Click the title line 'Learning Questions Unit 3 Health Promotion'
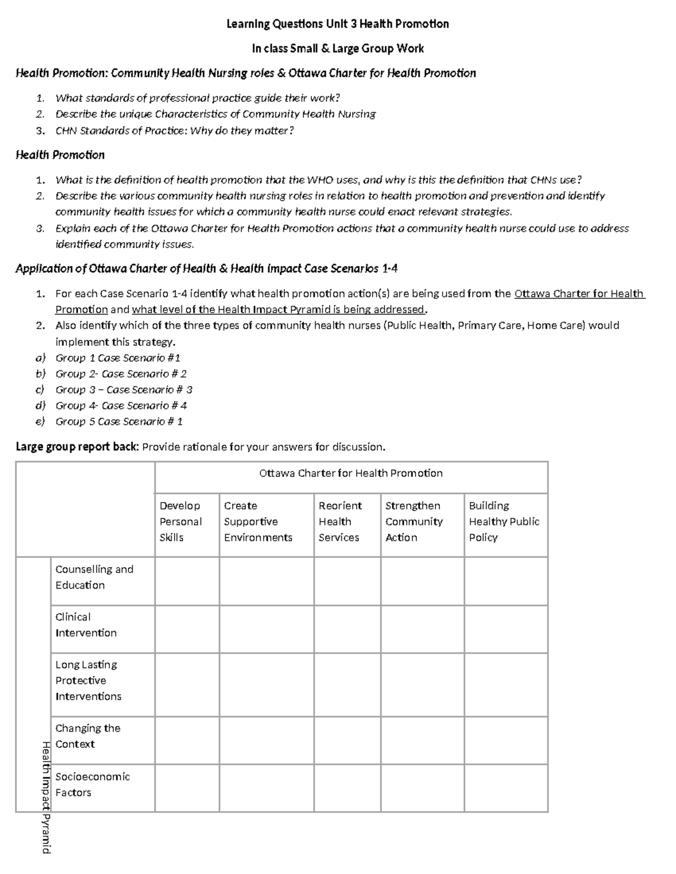click(337, 24)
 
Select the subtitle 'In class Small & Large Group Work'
click(337, 48)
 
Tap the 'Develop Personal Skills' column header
click(180, 522)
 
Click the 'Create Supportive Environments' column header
click(258, 522)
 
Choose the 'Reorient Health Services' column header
click(340, 522)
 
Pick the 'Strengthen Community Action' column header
click(414, 522)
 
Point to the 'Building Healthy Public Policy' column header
click(504, 522)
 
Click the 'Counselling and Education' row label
click(94, 577)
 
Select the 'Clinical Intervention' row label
click(86, 625)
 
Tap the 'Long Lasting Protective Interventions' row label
click(88, 680)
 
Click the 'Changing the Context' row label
click(87, 736)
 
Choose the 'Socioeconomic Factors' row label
click(92, 785)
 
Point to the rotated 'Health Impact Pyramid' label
click(46, 797)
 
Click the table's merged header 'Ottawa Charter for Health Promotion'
click(351, 473)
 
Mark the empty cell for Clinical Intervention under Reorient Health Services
click(347, 629)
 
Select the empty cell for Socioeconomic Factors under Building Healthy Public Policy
click(506, 788)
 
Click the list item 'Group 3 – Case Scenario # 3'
click(123, 389)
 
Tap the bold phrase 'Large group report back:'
click(77, 447)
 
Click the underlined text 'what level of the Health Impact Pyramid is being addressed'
click(278, 310)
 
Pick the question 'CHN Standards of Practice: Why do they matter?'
click(175, 131)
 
